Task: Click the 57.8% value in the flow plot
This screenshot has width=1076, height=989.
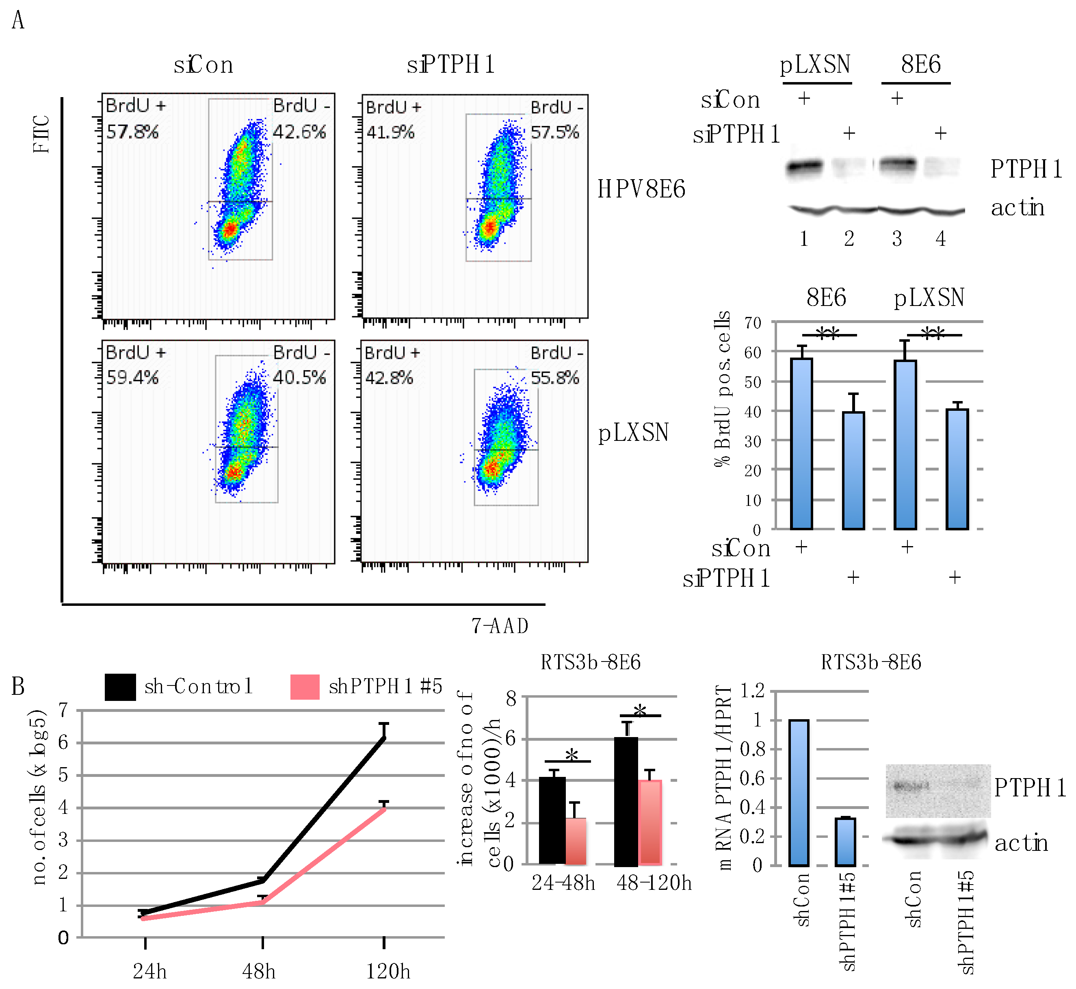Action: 132,132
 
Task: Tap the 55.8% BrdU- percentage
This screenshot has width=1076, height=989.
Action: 554,378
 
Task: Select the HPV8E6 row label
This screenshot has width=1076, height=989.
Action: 641,189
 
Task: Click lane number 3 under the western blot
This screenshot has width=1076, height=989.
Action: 897,239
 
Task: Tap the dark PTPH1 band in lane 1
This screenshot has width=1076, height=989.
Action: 804,167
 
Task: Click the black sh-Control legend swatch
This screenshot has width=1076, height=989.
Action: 120,687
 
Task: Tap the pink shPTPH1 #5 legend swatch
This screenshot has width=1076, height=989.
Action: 305,687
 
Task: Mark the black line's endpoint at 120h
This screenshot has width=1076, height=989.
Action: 383,737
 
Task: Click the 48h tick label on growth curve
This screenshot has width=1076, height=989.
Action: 259,971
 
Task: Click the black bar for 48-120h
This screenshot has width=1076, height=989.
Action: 626,801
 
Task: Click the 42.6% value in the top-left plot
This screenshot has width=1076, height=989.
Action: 299,132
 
